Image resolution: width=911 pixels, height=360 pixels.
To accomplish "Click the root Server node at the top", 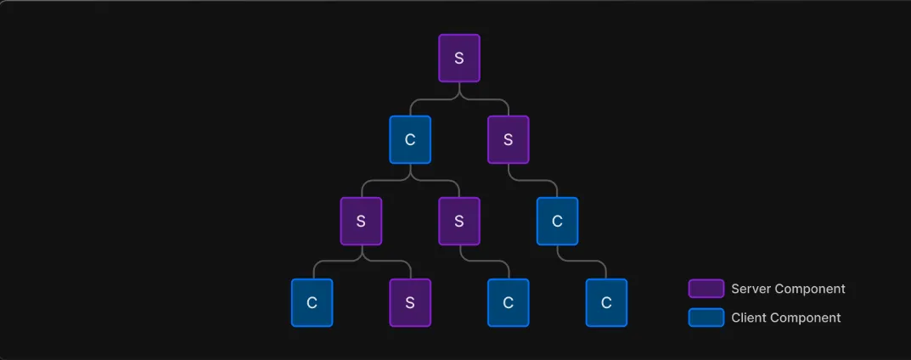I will [x=459, y=59].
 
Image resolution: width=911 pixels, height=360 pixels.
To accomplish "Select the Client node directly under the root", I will [x=410, y=139].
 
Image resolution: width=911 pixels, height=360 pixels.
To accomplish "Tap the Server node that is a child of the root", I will [x=508, y=139].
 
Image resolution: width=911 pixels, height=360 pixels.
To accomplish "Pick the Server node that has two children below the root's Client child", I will [x=361, y=221].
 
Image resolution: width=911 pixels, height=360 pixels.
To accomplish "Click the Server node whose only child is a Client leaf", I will [x=459, y=221].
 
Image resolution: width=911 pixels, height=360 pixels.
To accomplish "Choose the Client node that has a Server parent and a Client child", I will [x=557, y=221].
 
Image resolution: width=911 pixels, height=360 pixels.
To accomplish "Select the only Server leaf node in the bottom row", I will [x=410, y=302].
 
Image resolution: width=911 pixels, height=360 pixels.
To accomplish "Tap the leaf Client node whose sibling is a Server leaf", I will [x=312, y=302].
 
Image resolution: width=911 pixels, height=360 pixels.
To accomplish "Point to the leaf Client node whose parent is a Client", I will [x=606, y=302].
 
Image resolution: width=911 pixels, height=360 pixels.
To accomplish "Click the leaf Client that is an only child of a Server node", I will [x=508, y=302].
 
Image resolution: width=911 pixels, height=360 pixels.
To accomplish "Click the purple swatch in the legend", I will [x=706, y=289].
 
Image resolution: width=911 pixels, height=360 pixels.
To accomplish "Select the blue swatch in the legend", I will [x=706, y=318].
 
